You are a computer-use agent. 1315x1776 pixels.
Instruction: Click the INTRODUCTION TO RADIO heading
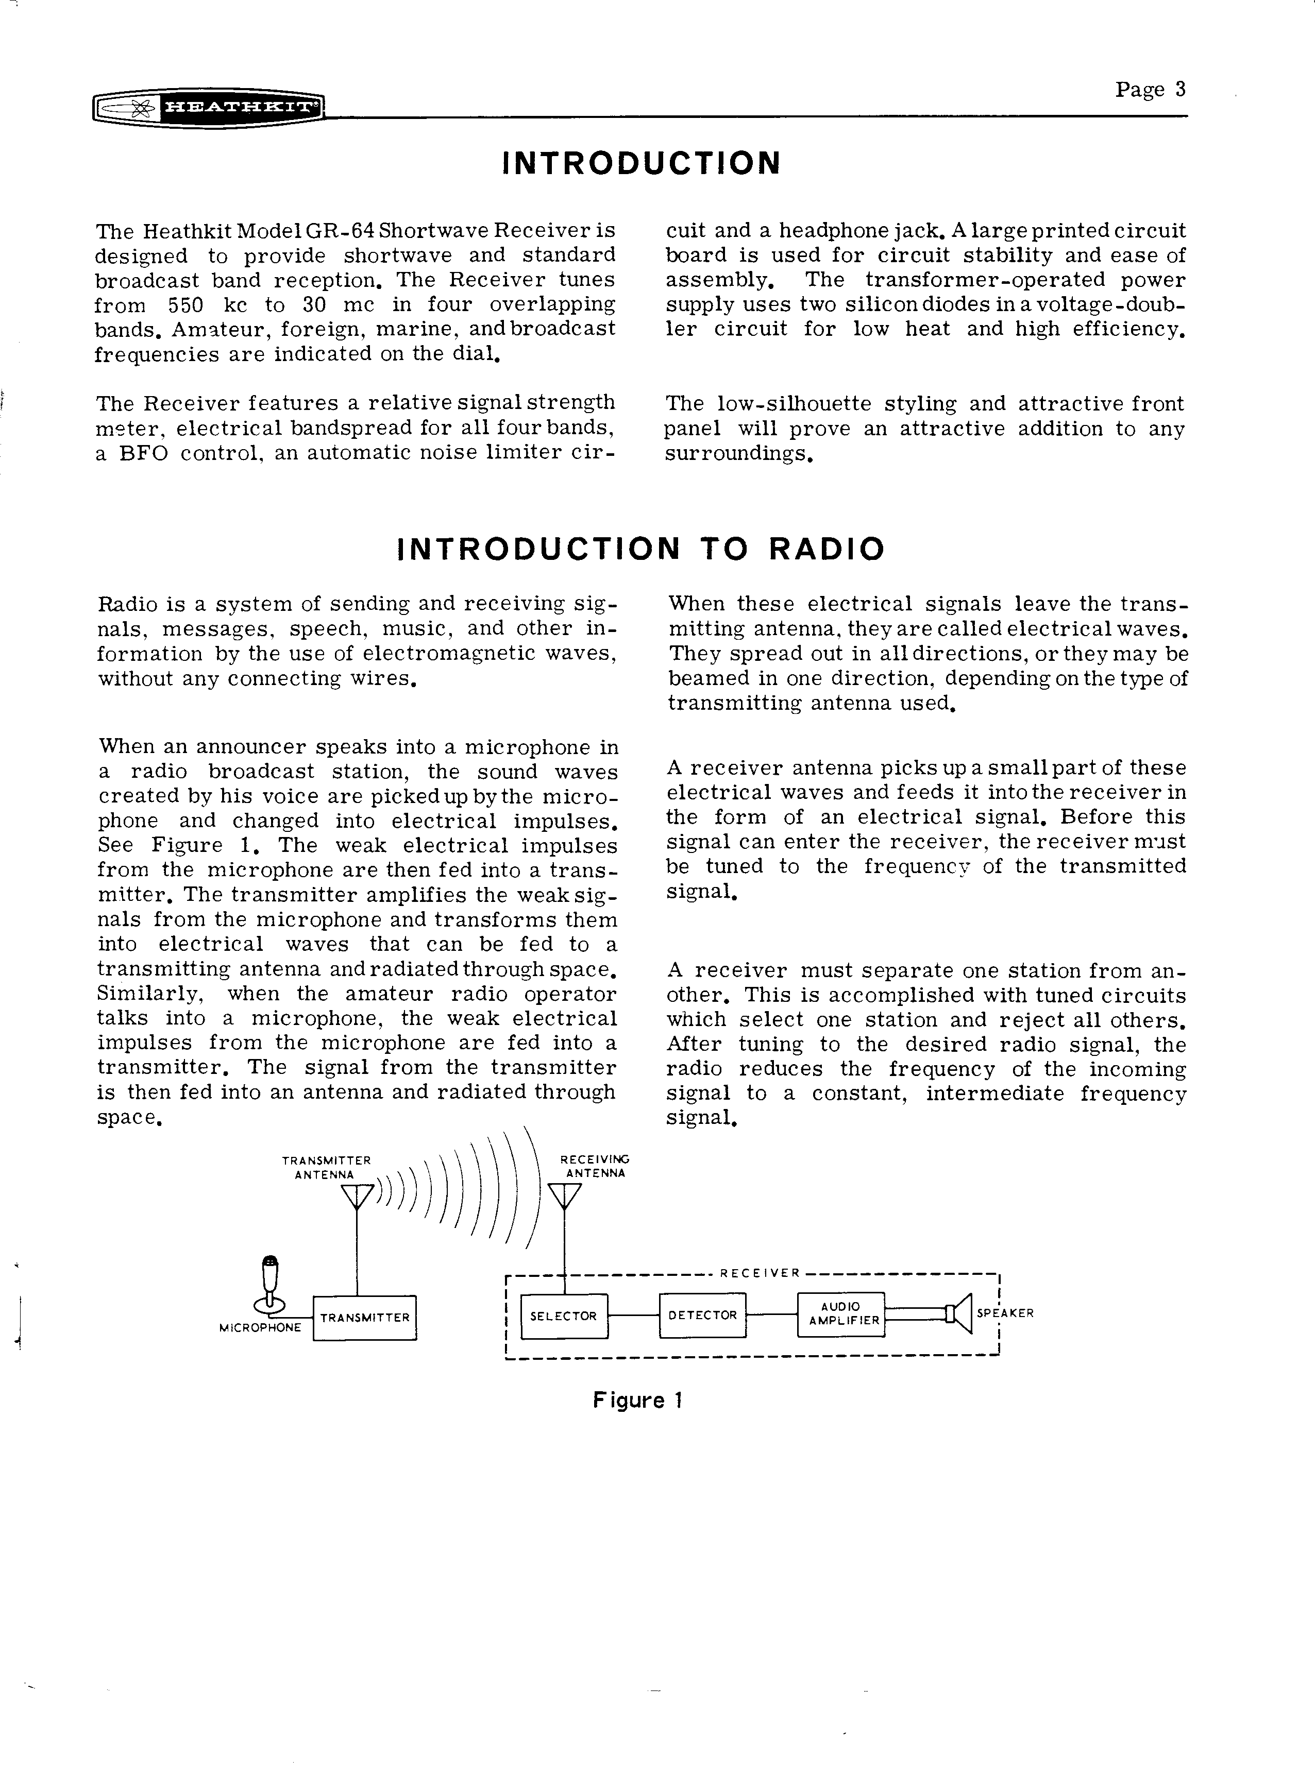tap(641, 549)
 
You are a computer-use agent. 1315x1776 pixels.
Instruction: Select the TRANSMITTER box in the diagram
tap(365, 1318)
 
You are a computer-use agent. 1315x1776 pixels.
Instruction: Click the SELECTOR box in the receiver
tap(564, 1316)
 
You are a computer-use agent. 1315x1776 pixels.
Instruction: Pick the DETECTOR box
tap(703, 1316)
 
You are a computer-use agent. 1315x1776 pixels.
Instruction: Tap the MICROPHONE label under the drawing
tap(260, 1328)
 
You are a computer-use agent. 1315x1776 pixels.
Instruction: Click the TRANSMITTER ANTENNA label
tap(326, 1167)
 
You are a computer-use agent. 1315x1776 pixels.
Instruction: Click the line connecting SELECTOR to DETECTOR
tap(634, 1316)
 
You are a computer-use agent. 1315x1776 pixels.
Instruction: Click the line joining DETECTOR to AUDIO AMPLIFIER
tap(771, 1314)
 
